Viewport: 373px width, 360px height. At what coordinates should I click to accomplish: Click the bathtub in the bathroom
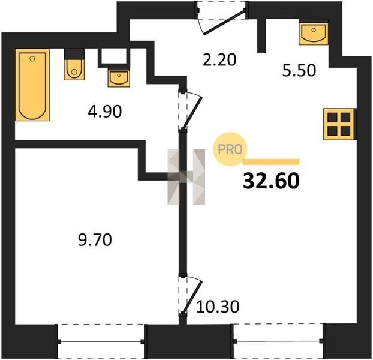(32, 85)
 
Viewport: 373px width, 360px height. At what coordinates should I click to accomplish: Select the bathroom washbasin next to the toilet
(119, 77)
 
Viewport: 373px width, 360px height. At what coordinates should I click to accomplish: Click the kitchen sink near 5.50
(314, 34)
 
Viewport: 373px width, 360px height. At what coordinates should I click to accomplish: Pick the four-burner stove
(339, 124)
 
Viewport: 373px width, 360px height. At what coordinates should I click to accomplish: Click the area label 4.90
(105, 112)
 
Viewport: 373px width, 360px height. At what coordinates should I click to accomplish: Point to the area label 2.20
(219, 60)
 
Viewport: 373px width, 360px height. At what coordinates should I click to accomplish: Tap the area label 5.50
(299, 70)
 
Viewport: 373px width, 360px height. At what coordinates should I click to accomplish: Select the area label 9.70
(95, 240)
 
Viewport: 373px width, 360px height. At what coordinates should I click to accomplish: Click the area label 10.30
(218, 307)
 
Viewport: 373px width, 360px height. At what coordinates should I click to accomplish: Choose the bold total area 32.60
(271, 181)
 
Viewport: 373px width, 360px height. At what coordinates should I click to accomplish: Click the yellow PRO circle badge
(230, 149)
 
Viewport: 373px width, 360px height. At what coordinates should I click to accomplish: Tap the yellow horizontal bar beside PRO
(271, 162)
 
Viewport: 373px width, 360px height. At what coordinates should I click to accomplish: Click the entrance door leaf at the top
(225, 23)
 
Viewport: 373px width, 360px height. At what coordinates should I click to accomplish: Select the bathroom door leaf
(192, 113)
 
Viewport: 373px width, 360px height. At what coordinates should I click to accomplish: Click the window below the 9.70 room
(101, 341)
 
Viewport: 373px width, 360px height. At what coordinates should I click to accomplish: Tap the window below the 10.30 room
(278, 341)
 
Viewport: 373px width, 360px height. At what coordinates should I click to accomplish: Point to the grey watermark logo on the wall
(186, 177)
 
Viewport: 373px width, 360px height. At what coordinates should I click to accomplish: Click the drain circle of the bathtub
(32, 59)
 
